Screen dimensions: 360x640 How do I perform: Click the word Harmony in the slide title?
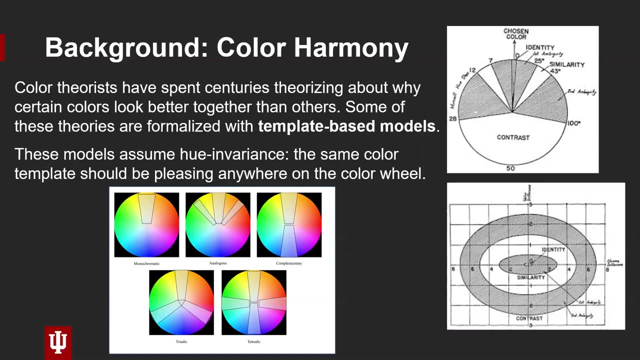pyautogui.click(x=351, y=48)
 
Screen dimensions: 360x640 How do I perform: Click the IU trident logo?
pyautogui.click(x=58, y=342)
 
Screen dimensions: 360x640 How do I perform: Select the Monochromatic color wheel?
pyautogui.click(x=146, y=225)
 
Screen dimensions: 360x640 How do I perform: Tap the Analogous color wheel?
pyautogui.click(x=218, y=225)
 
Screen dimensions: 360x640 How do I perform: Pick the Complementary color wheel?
pyautogui.click(x=289, y=225)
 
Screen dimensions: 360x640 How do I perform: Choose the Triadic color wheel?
pyautogui.click(x=181, y=302)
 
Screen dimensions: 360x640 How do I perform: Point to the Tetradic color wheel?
pyautogui.click(x=254, y=302)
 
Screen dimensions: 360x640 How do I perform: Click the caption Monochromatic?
pyautogui.click(x=146, y=263)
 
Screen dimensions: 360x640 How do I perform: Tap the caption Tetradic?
pyautogui.click(x=254, y=341)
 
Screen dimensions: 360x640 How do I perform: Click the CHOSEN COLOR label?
pyautogui.click(x=516, y=34)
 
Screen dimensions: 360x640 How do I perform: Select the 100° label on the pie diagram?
pyautogui.click(x=573, y=123)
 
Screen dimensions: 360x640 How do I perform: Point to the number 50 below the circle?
pyautogui.click(x=510, y=168)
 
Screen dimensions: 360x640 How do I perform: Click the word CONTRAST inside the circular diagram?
pyautogui.click(x=513, y=137)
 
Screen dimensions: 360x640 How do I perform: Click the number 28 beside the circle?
pyautogui.click(x=452, y=118)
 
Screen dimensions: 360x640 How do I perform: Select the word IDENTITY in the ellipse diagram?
pyautogui.click(x=553, y=249)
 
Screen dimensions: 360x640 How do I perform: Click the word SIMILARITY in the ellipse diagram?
pyautogui.click(x=531, y=277)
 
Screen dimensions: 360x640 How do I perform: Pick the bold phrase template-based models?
pyautogui.click(x=346, y=126)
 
